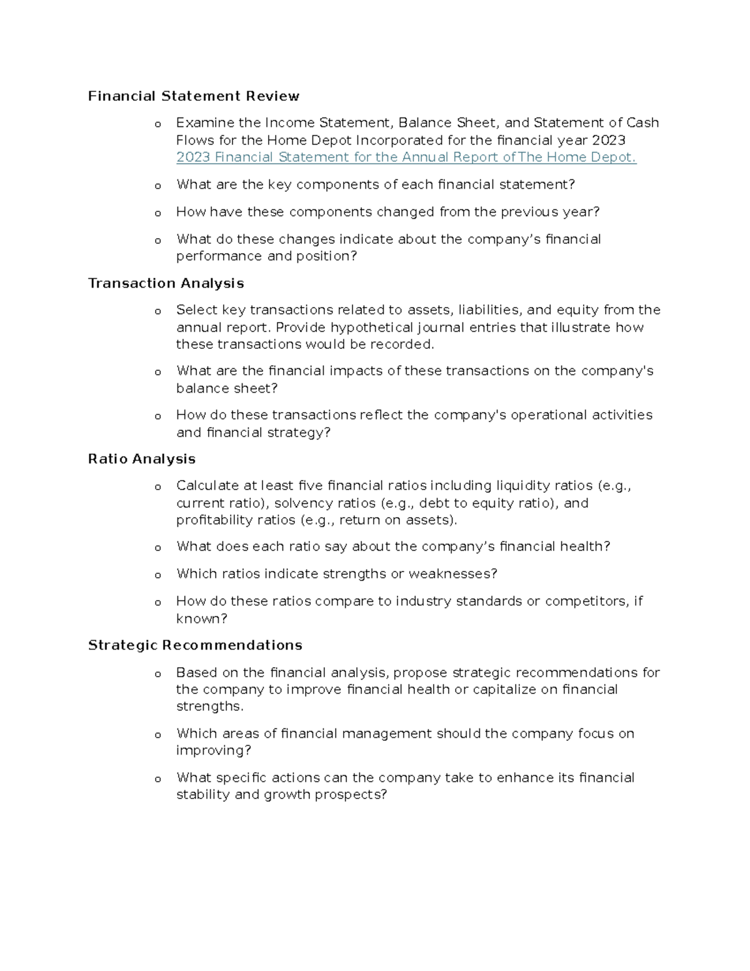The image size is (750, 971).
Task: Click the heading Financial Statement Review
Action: point(193,96)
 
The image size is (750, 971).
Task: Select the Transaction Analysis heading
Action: point(166,283)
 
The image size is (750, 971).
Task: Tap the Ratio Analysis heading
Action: point(142,459)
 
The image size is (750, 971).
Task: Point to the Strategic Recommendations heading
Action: point(195,645)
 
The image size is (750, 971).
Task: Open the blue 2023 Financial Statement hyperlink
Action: point(406,157)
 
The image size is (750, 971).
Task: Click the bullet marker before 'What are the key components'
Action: point(157,186)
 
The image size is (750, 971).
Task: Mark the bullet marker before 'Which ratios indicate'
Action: point(157,575)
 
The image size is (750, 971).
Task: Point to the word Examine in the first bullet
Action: point(201,123)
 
